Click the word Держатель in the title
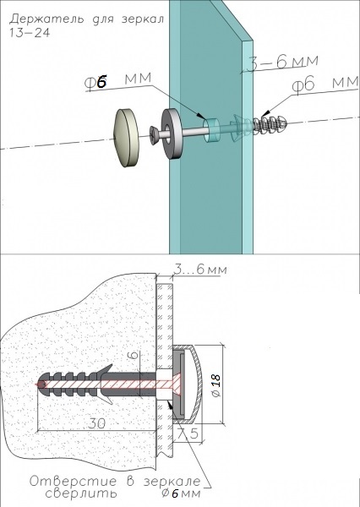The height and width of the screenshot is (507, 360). pyautogui.click(x=46, y=19)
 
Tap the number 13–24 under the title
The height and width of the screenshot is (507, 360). pyautogui.click(x=30, y=33)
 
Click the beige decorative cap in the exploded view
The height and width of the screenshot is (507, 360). pyautogui.click(x=126, y=138)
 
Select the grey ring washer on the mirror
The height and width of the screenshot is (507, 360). pyautogui.click(x=172, y=134)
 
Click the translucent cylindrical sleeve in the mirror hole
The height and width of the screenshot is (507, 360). pyautogui.click(x=210, y=130)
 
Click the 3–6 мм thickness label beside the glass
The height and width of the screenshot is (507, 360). pyautogui.click(x=282, y=63)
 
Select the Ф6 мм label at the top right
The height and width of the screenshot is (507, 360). pyautogui.click(x=325, y=84)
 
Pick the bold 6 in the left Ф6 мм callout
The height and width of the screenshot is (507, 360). pyautogui.click(x=101, y=83)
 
